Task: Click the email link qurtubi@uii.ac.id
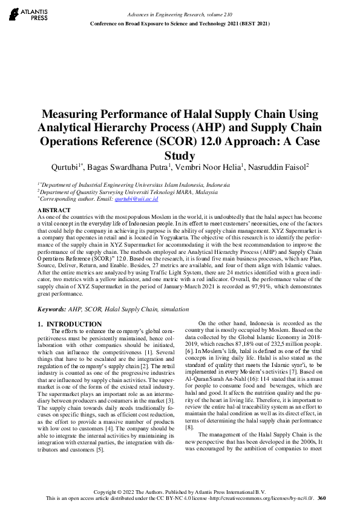(140, 198)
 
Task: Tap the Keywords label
(51, 308)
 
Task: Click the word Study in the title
(180, 154)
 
